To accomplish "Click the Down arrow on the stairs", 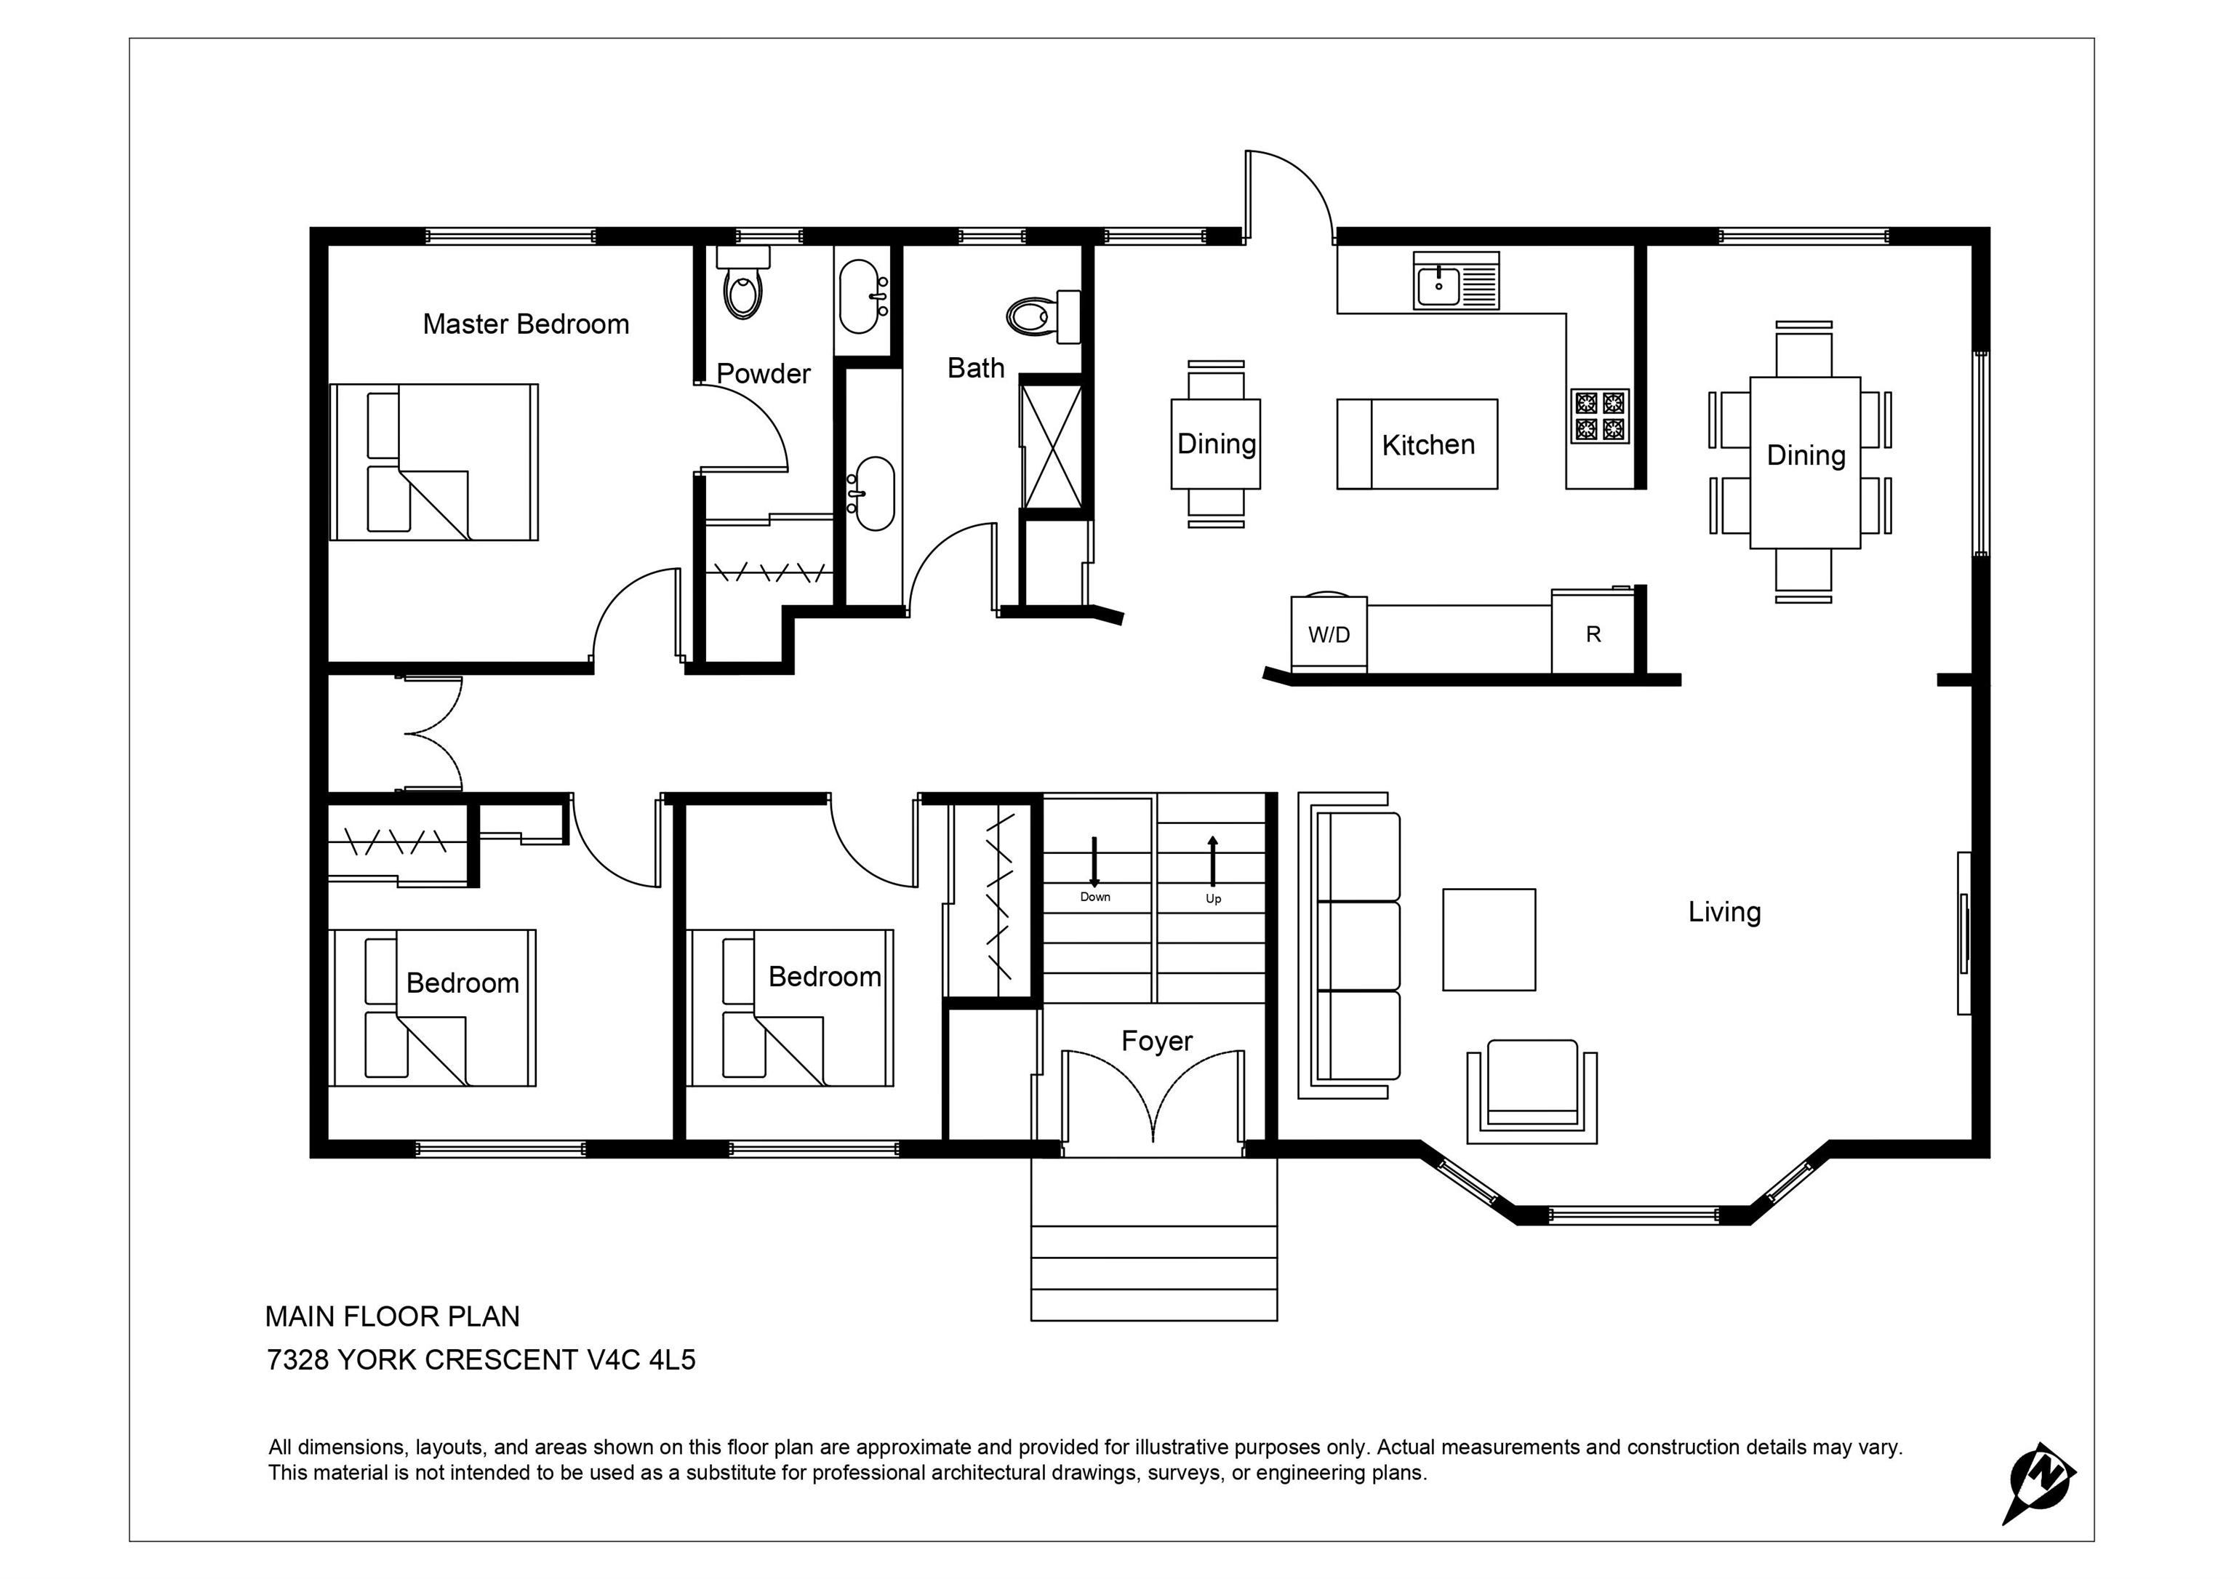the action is point(1094,861).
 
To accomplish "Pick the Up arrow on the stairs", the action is point(1212,861).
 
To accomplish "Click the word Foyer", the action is point(1157,1042).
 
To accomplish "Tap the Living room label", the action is point(1724,913).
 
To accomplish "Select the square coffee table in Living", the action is point(1489,940).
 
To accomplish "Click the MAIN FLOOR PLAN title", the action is point(392,1317).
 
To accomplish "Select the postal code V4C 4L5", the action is point(641,1360).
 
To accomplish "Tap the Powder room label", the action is point(763,374).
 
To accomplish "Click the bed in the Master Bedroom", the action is point(434,462).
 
